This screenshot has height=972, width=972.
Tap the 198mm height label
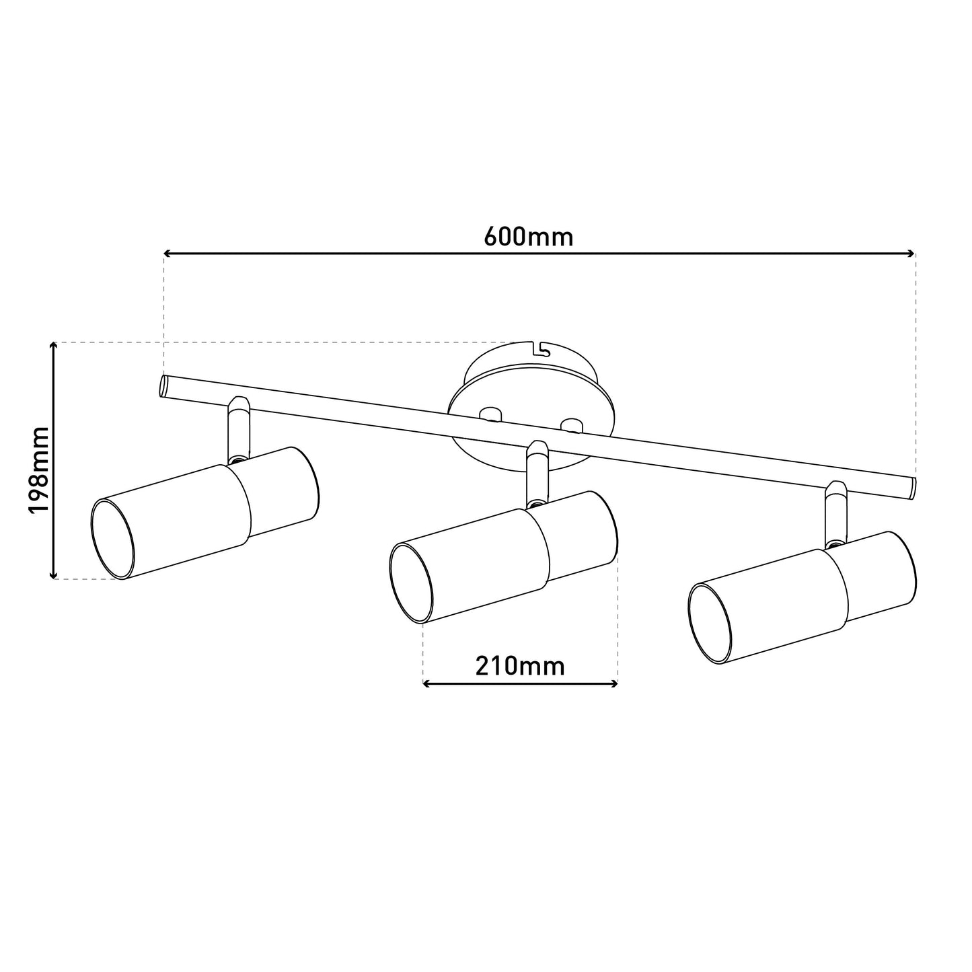(39, 470)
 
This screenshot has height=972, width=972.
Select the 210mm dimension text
(520, 667)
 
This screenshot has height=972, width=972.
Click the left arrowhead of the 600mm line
(167, 254)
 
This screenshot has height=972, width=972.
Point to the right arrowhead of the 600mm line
(911, 254)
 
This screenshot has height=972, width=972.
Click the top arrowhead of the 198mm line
(53, 346)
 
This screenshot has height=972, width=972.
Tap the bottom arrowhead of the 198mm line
(53, 574)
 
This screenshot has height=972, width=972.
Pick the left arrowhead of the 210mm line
(426, 684)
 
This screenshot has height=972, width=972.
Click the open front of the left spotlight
(113, 539)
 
